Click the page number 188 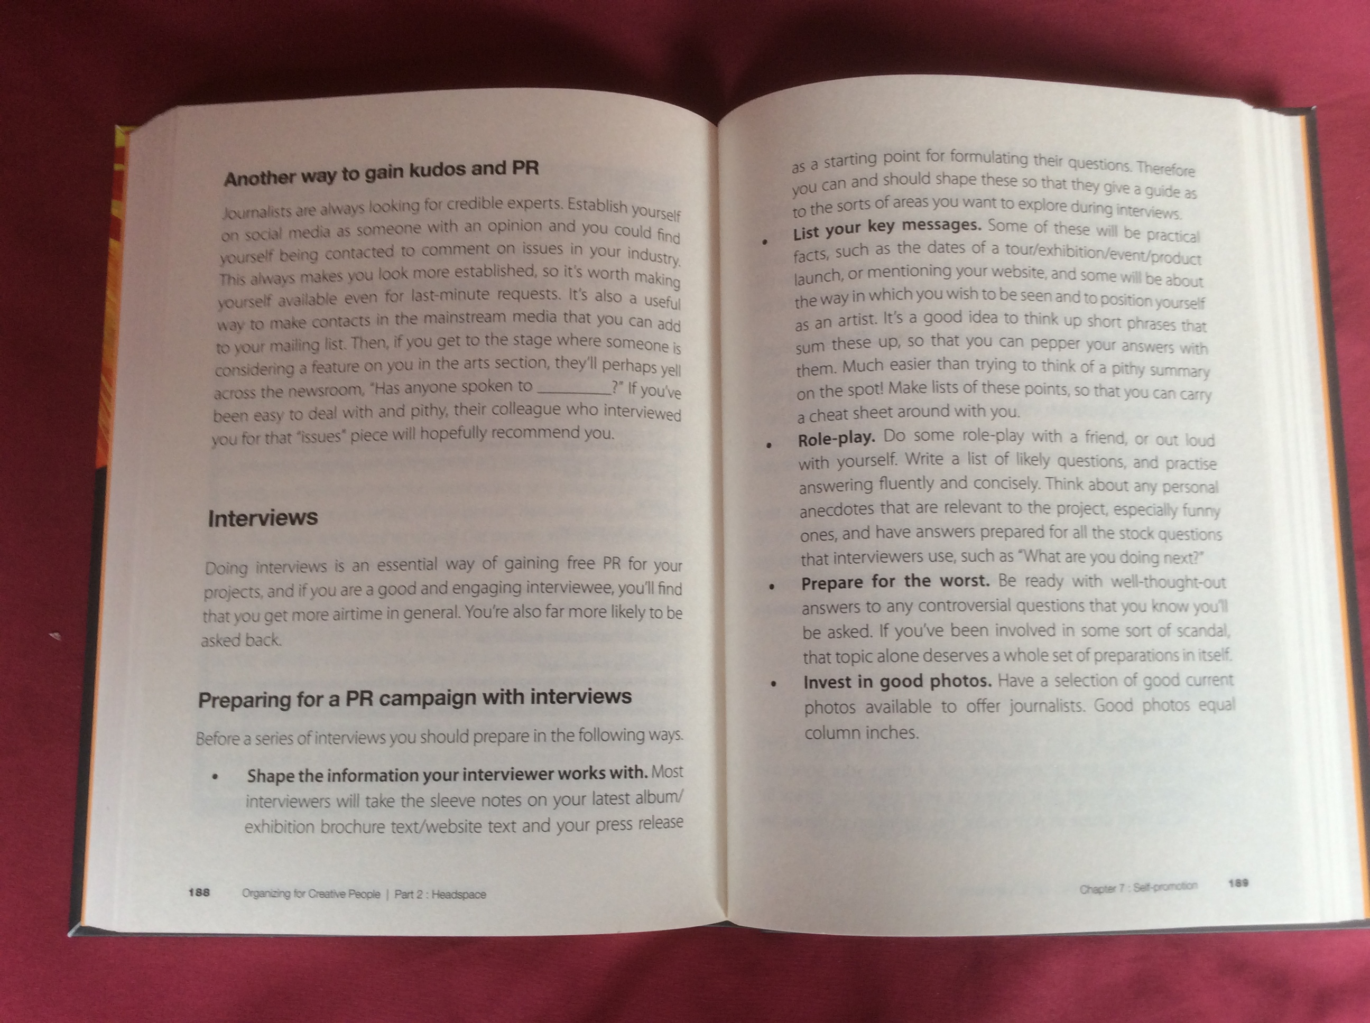[x=199, y=892]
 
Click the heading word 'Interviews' [x=263, y=518]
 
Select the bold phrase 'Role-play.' [x=836, y=439]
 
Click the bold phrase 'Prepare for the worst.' [x=895, y=582]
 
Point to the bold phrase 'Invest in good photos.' [x=897, y=682]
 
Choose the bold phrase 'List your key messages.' [x=887, y=228]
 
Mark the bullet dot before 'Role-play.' [x=769, y=444]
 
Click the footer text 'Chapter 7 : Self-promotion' [x=1138, y=887]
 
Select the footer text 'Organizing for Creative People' [x=311, y=894]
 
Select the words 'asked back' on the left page [x=241, y=640]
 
